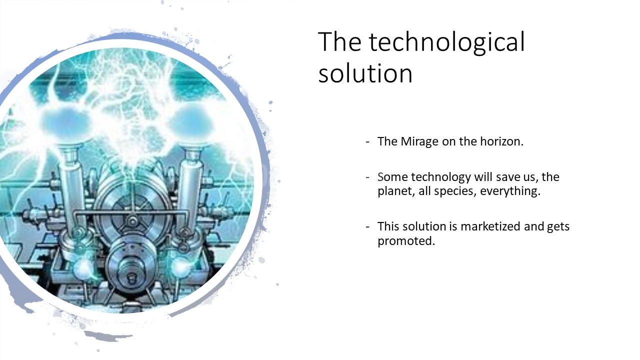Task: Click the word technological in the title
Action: click(447, 42)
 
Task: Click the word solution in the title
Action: click(365, 73)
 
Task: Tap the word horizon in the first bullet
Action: click(501, 141)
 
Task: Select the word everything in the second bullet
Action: click(510, 191)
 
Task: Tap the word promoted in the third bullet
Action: click(406, 241)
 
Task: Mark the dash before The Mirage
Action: click(367, 142)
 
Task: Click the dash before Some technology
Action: click(367, 177)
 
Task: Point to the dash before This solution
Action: click(367, 227)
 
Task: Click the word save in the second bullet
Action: click(505, 177)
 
